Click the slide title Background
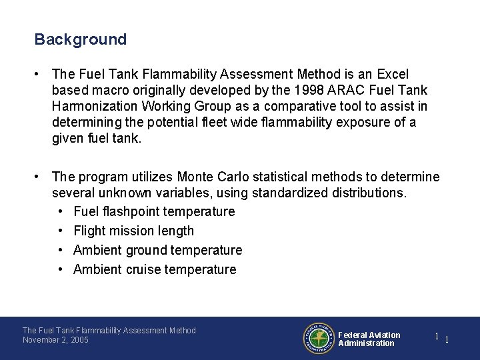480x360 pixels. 80,39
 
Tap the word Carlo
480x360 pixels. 238,177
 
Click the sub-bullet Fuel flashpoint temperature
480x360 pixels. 154,211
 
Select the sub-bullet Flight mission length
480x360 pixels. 133,231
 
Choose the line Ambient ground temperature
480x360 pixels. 157,250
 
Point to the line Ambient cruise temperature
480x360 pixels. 155,269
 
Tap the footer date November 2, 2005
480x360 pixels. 55,340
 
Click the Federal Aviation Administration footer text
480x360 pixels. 369,339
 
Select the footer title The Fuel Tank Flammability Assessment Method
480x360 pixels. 109,330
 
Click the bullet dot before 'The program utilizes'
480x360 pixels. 41,177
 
